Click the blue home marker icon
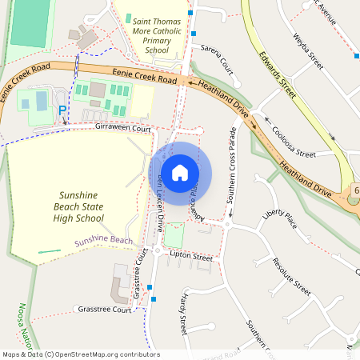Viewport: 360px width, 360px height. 180,173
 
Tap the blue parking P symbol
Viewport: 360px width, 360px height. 62,110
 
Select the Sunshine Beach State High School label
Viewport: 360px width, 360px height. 93,206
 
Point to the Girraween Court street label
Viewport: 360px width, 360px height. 122,128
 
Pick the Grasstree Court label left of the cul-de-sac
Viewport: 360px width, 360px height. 104,309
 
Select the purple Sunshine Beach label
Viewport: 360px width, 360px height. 103,241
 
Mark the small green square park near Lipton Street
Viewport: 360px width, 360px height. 174,234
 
